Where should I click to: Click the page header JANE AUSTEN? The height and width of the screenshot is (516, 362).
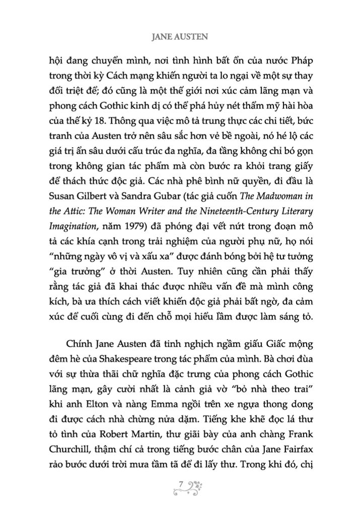[181, 37]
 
